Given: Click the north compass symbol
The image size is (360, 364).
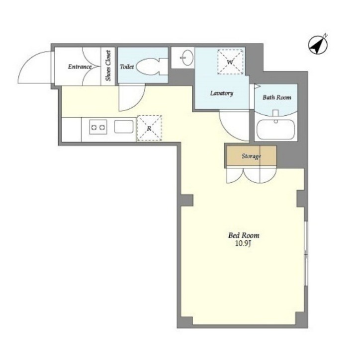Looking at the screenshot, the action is (318, 44).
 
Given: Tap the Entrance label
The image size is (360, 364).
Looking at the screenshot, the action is (80, 67).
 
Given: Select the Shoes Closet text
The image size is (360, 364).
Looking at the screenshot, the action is (108, 66).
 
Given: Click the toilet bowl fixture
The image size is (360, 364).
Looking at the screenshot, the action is (152, 67).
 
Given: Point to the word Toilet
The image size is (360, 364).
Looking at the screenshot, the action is (127, 67).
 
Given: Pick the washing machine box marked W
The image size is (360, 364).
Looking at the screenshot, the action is (230, 62).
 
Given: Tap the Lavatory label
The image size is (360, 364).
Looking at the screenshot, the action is (221, 93).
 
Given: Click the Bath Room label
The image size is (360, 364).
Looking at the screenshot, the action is (277, 97).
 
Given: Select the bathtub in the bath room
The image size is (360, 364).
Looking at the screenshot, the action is (276, 130).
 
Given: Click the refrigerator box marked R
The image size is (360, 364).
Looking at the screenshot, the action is (149, 128).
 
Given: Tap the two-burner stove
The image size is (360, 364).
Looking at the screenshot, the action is (98, 127).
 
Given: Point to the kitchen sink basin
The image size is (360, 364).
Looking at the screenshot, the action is (124, 127).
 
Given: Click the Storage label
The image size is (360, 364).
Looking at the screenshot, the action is (251, 156).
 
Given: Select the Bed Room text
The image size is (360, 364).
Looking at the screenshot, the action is (244, 235).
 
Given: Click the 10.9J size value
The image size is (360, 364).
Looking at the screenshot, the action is (243, 243).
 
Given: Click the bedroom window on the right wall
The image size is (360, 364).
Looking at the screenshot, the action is (306, 253).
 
